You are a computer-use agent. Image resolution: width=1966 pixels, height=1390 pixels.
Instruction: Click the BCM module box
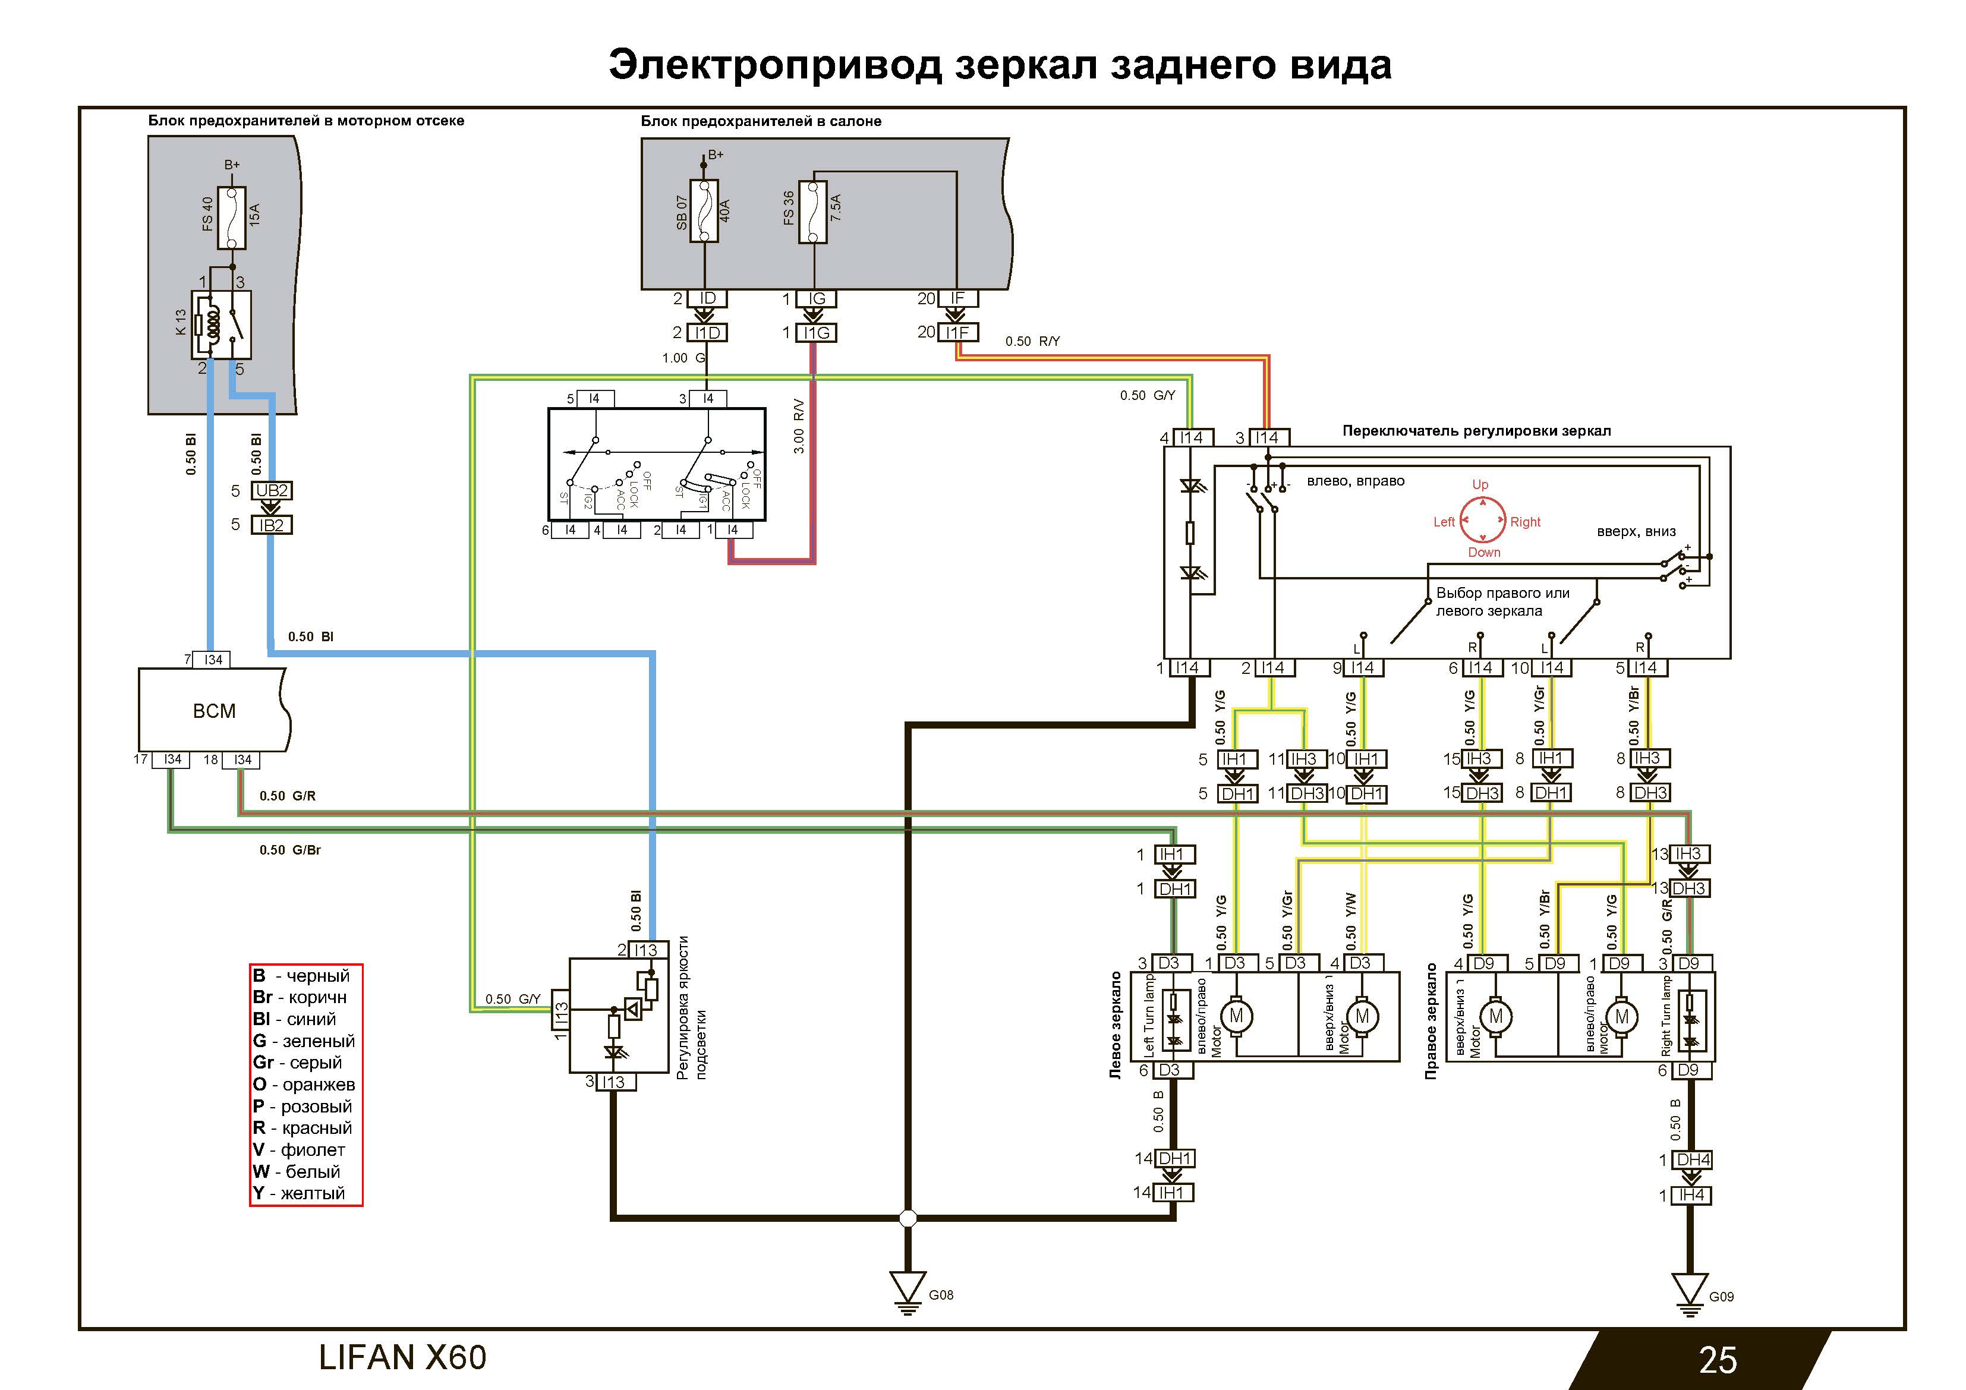pyautogui.click(x=214, y=710)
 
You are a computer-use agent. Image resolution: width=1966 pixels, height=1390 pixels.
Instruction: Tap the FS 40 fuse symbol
pyautogui.click(x=232, y=217)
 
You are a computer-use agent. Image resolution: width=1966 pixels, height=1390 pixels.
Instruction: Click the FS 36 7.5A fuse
pyautogui.click(x=812, y=212)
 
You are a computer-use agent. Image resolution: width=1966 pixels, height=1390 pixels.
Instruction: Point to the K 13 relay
pyautogui.click(x=222, y=324)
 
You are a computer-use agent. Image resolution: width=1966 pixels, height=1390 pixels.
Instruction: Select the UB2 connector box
pyautogui.click(x=272, y=491)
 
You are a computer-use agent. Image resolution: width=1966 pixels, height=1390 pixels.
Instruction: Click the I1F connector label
pyautogui.click(x=957, y=332)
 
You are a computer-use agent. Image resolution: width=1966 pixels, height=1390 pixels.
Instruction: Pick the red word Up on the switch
pyautogui.click(x=1480, y=485)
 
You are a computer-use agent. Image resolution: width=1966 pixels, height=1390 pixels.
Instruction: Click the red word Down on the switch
pyautogui.click(x=1484, y=553)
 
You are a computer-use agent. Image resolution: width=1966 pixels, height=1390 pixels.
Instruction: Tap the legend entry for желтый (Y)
pyautogui.click(x=300, y=1193)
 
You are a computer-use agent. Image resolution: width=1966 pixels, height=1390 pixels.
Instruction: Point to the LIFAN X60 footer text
pyautogui.click(x=402, y=1357)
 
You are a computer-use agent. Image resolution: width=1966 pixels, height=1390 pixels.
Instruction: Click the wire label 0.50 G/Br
pyautogui.click(x=289, y=850)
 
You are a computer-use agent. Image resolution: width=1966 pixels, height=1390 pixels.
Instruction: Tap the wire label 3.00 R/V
pyautogui.click(x=798, y=425)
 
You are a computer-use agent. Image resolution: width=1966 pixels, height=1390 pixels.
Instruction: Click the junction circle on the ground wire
pyautogui.click(x=908, y=1218)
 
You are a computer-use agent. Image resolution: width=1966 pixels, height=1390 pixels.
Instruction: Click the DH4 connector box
pyautogui.click(x=1693, y=1159)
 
